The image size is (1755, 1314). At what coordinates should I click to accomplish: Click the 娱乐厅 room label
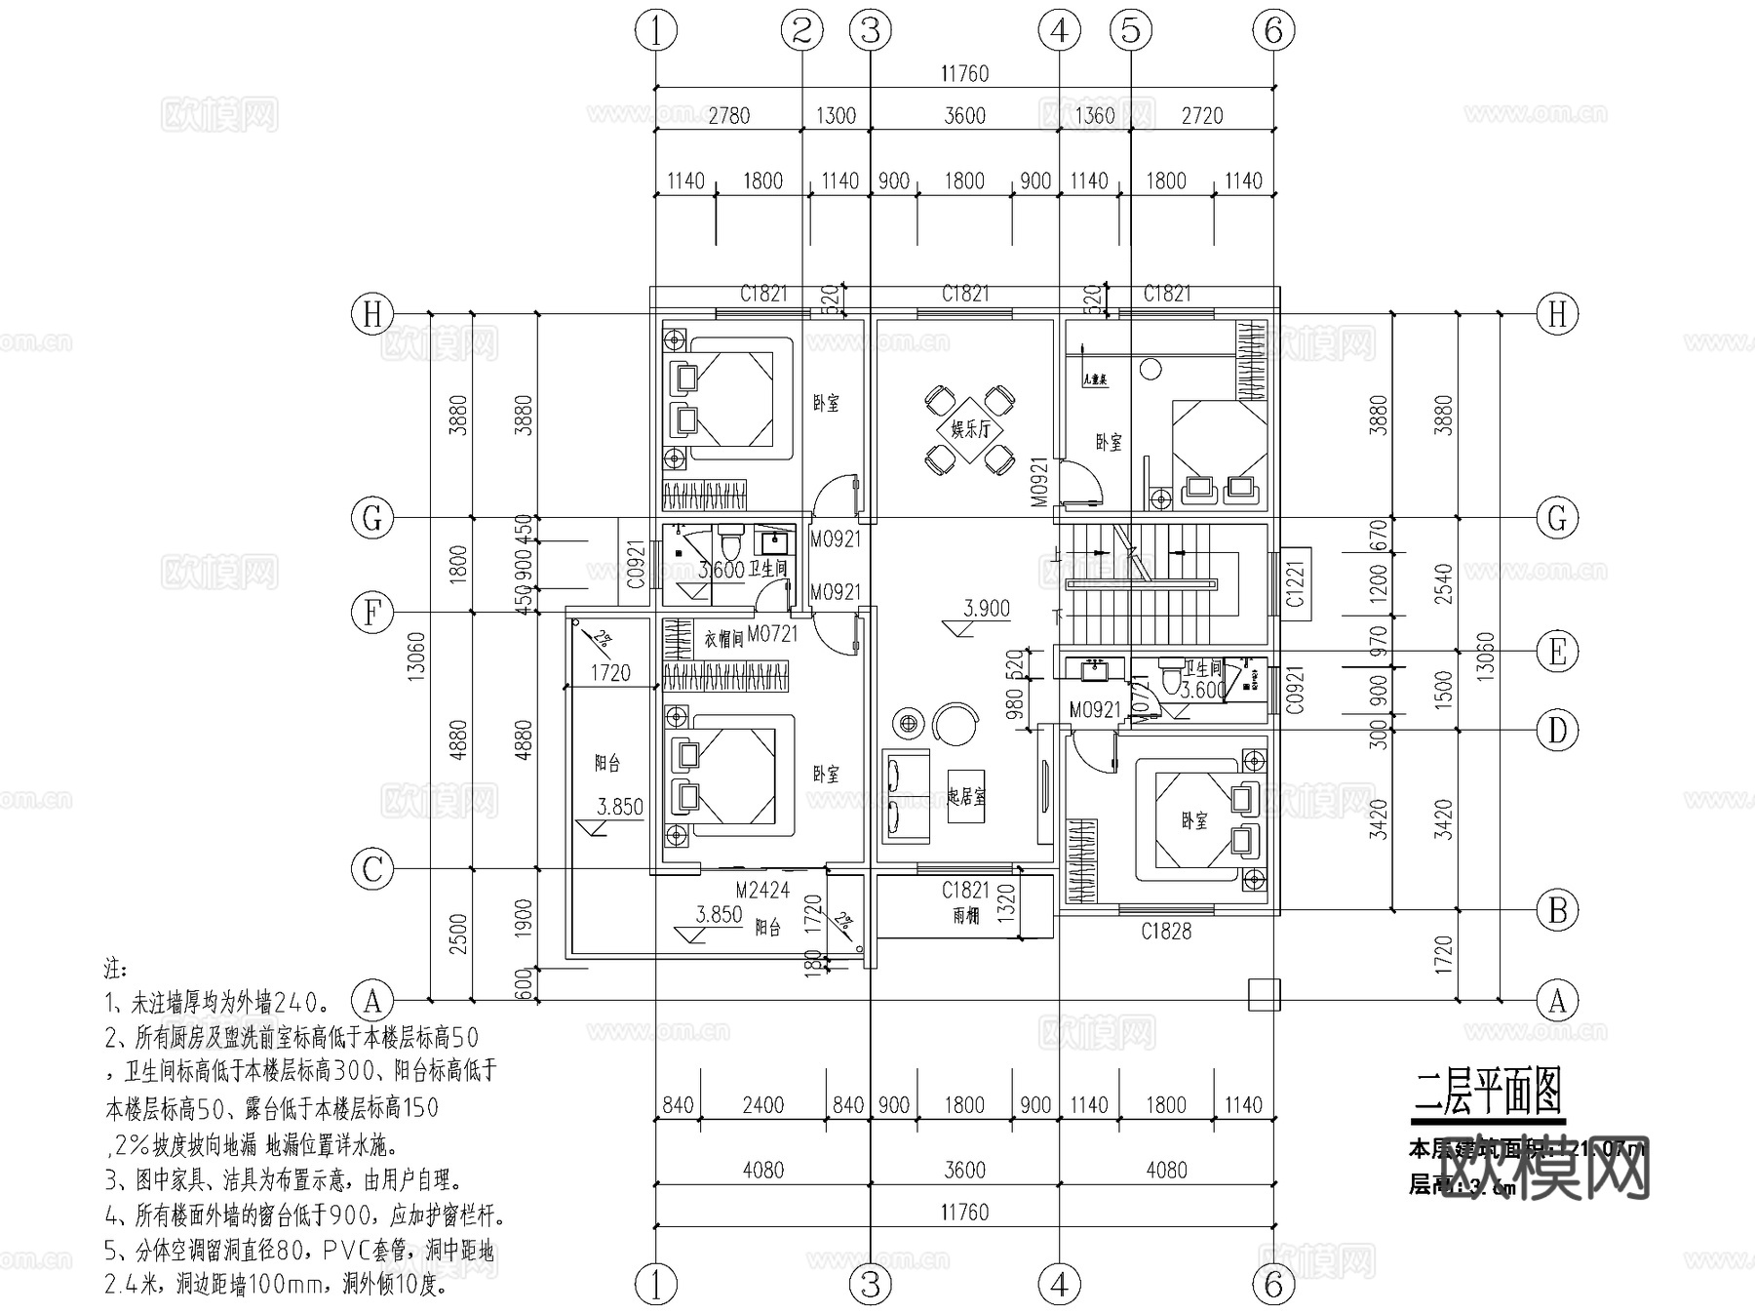[969, 428]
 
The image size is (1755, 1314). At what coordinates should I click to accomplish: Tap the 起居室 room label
[966, 797]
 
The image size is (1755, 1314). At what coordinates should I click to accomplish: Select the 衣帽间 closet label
[723, 639]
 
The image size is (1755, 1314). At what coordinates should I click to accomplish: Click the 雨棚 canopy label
[965, 916]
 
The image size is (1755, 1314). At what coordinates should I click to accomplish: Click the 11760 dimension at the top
[964, 74]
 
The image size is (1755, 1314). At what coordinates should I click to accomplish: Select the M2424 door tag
[762, 890]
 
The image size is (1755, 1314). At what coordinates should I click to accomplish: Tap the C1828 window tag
[1166, 932]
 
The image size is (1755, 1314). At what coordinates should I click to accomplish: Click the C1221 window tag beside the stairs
[1295, 582]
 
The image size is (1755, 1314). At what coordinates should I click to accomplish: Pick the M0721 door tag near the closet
[773, 634]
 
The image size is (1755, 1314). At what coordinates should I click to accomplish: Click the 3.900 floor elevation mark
[987, 609]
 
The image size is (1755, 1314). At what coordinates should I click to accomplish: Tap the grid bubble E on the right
[1557, 652]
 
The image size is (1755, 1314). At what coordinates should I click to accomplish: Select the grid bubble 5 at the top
[1130, 31]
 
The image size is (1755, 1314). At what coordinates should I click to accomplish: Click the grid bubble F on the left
[371, 614]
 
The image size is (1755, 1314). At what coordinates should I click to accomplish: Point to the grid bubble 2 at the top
[801, 31]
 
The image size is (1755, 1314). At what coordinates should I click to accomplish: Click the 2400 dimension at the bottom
[762, 1105]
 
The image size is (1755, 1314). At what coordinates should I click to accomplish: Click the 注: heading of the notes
[116, 969]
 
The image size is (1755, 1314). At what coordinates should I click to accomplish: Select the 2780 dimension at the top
[728, 116]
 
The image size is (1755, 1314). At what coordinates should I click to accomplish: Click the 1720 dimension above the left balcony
[610, 673]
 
